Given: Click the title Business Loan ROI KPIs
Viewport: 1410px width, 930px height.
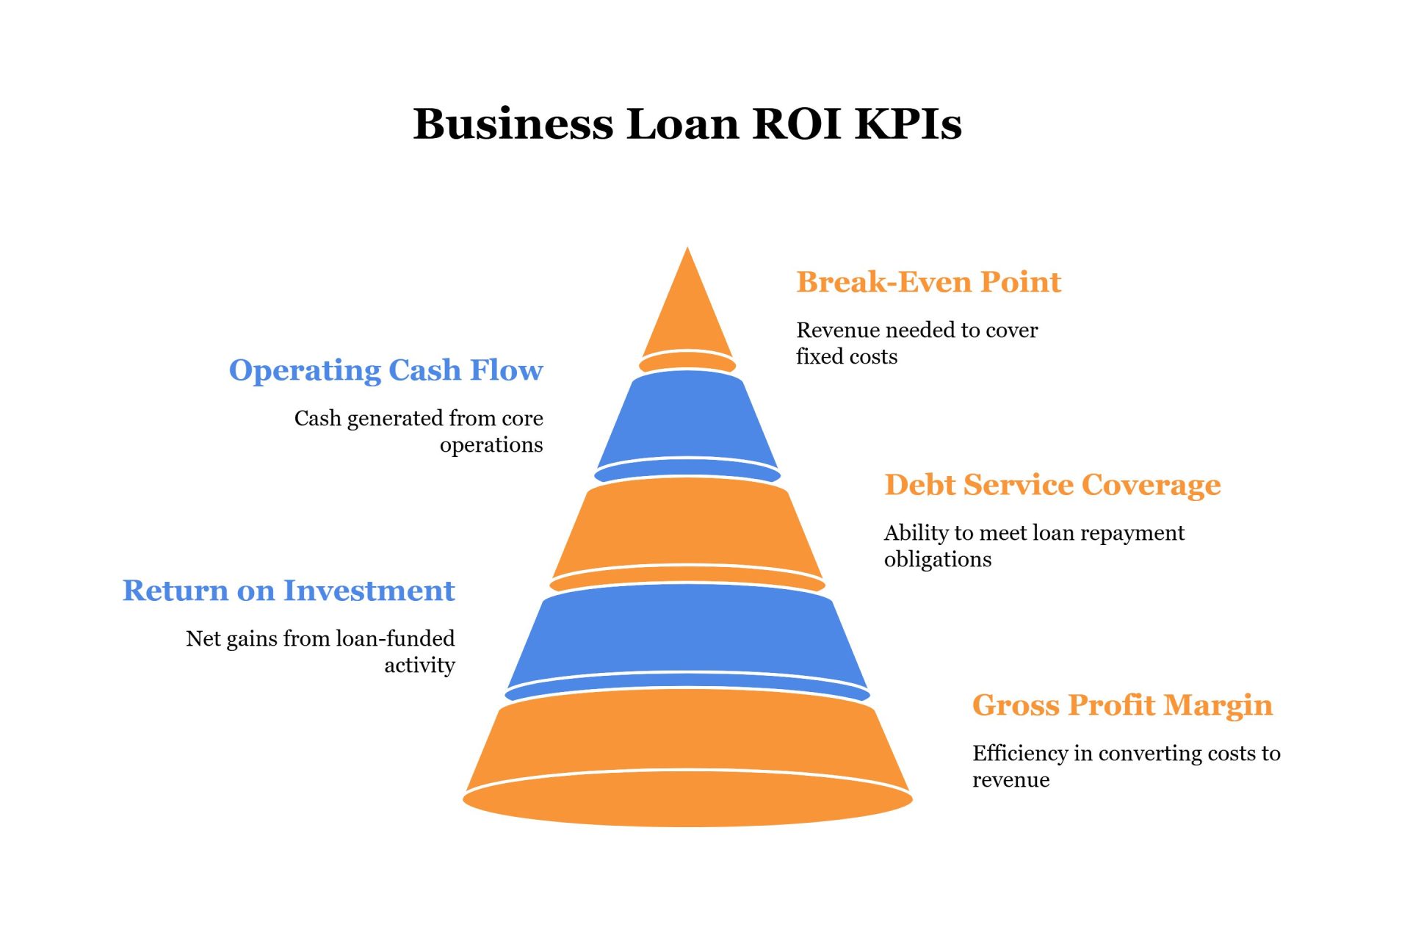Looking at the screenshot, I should pyautogui.click(x=687, y=123).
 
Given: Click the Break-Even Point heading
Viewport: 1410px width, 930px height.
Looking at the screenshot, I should pyautogui.click(x=928, y=282).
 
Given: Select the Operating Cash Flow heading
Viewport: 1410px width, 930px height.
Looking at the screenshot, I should pyautogui.click(x=386, y=370).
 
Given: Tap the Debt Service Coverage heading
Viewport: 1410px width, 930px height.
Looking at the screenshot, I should pyautogui.click(x=1052, y=485).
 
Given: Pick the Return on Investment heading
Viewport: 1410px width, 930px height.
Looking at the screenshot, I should pyautogui.click(x=289, y=591).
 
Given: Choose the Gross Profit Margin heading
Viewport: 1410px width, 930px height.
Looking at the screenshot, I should pyautogui.click(x=1121, y=705).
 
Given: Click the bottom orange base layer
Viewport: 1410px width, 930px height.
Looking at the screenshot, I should pyautogui.click(x=687, y=757).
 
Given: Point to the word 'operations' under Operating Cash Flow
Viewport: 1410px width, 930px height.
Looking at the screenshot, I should pyautogui.click(x=491, y=445).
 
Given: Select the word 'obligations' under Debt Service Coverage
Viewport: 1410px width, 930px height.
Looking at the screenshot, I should pyautogui.click(x=937, y=560).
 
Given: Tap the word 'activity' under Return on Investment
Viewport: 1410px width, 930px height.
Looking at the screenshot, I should pyautogui.click(x=419, y=666).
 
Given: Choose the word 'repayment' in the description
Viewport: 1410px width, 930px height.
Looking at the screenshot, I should pyautogui.click(x=1132, y=533).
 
